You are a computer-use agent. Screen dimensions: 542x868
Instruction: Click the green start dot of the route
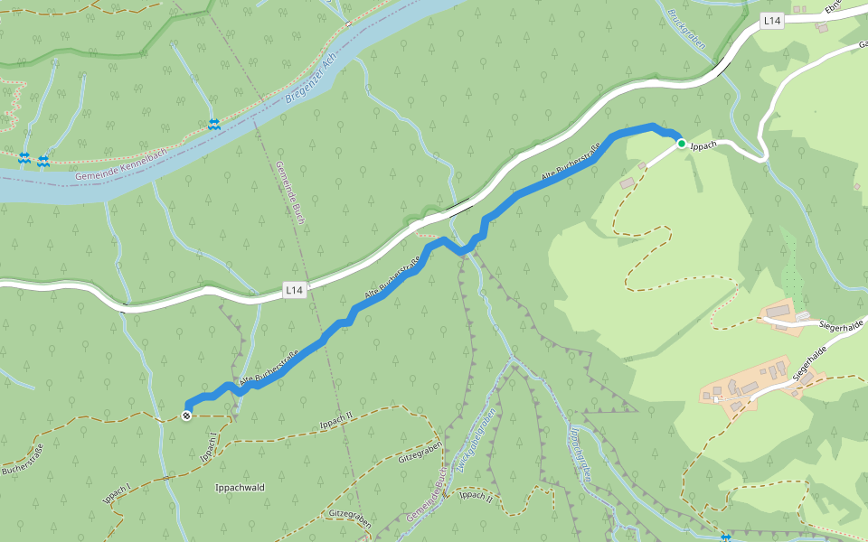[x=681, y=143]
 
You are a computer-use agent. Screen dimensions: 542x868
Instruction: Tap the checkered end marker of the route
[x=186, y=416]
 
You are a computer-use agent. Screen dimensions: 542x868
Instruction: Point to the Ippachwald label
[x=240, y=488]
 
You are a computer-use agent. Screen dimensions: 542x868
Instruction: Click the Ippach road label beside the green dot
[x=703, y=145]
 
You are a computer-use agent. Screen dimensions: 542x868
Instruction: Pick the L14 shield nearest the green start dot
[x=770, y=20]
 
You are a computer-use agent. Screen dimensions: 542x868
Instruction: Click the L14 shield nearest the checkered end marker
[x=295, y=290]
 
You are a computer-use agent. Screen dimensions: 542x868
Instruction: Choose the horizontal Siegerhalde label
[x=842, y=324]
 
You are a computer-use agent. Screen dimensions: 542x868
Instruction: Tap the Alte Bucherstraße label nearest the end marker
[x=268, y=369]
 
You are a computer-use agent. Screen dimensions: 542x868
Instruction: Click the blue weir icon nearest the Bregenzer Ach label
[x=213, y=124]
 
